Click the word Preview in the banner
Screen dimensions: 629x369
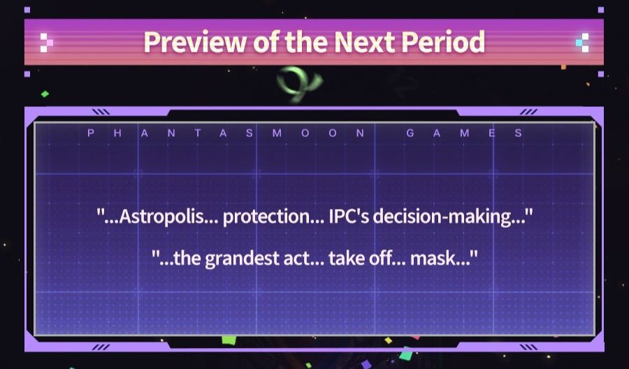point(194,41)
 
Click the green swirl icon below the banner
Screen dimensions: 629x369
point(299,83)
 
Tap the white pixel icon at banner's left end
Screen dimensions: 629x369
point(47,43)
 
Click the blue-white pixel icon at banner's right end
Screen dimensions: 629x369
point(582,43)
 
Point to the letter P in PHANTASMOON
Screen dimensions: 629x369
point(91,133)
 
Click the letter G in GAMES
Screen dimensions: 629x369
point(410,133)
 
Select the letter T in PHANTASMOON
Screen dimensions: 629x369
point(197,133)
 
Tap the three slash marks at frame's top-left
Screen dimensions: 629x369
point(101,112)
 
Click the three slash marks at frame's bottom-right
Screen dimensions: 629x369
point(528,347)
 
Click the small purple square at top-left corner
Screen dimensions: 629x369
point(27,10)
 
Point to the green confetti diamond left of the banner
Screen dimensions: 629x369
point(45,94)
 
